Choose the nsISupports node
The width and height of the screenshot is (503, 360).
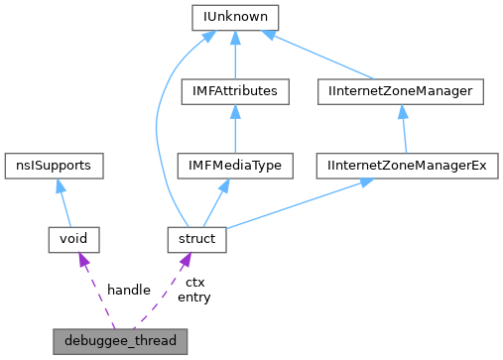(55, 165)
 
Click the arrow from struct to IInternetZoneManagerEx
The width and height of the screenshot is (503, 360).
(298, 202)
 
